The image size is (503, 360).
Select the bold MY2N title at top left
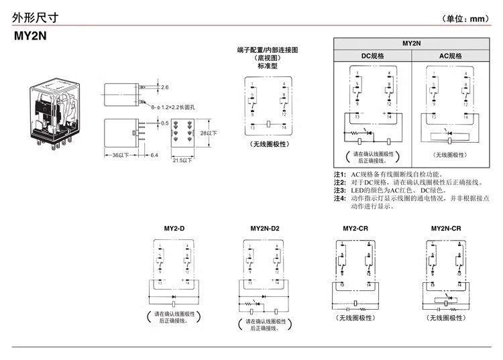[x=30, y=38]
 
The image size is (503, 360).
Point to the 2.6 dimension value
[x=165, y=88]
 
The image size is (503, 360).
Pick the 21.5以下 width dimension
[x=182, y=160]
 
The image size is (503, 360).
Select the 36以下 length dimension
[x=120, y=156]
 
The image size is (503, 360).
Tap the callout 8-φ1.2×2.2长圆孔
[x=177, y=106]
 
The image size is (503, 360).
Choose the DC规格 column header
[x=373, y=56]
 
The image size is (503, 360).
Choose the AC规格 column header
[x=450, y=56]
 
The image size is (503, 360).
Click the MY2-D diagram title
[x=174, y=229]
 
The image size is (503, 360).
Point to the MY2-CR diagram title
[x=355, y=229]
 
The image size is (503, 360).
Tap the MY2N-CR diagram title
[x=445, y=229]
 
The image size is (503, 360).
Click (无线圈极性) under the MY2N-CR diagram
[x=445, y=317]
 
